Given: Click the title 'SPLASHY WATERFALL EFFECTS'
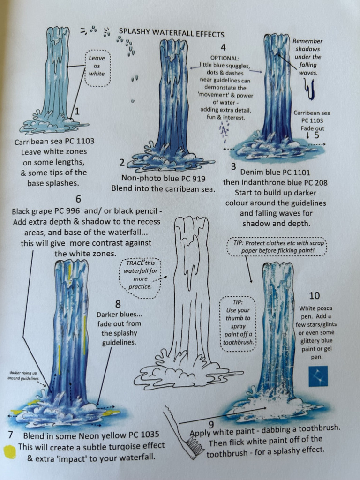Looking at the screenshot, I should point(171,33).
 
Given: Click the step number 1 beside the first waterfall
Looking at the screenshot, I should point(77,112).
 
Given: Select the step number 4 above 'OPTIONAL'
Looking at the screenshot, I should point(223,47).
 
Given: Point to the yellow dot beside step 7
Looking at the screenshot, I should point(9,451).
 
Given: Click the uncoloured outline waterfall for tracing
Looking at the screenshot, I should point(190,300).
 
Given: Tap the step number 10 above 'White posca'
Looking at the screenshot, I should point(315,295).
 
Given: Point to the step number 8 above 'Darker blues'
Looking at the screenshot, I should point(118,303).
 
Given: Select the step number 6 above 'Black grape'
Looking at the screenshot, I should point(78,199).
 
